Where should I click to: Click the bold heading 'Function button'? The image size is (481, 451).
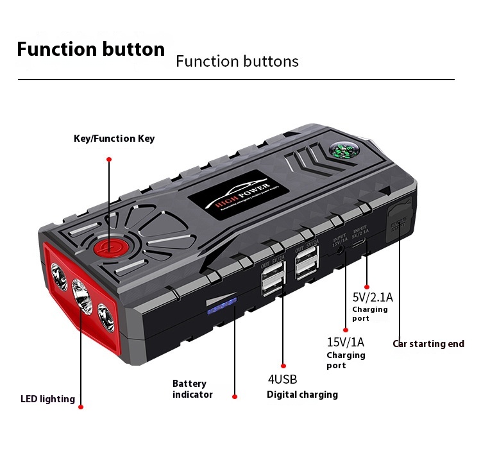90,49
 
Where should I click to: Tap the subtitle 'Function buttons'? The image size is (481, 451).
237,62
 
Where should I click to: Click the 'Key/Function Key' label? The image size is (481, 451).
114,139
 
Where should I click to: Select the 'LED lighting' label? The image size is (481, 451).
47,399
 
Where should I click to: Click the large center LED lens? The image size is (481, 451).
81,296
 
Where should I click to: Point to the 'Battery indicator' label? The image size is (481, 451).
192,389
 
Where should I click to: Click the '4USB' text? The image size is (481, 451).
282,379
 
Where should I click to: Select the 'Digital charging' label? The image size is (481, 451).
302,395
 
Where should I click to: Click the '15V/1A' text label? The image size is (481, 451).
345,342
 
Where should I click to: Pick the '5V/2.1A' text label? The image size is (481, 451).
372,298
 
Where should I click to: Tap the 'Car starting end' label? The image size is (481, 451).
428,344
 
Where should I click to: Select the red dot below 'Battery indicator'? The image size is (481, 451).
234,396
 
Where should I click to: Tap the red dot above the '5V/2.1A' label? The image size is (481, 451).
366,287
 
